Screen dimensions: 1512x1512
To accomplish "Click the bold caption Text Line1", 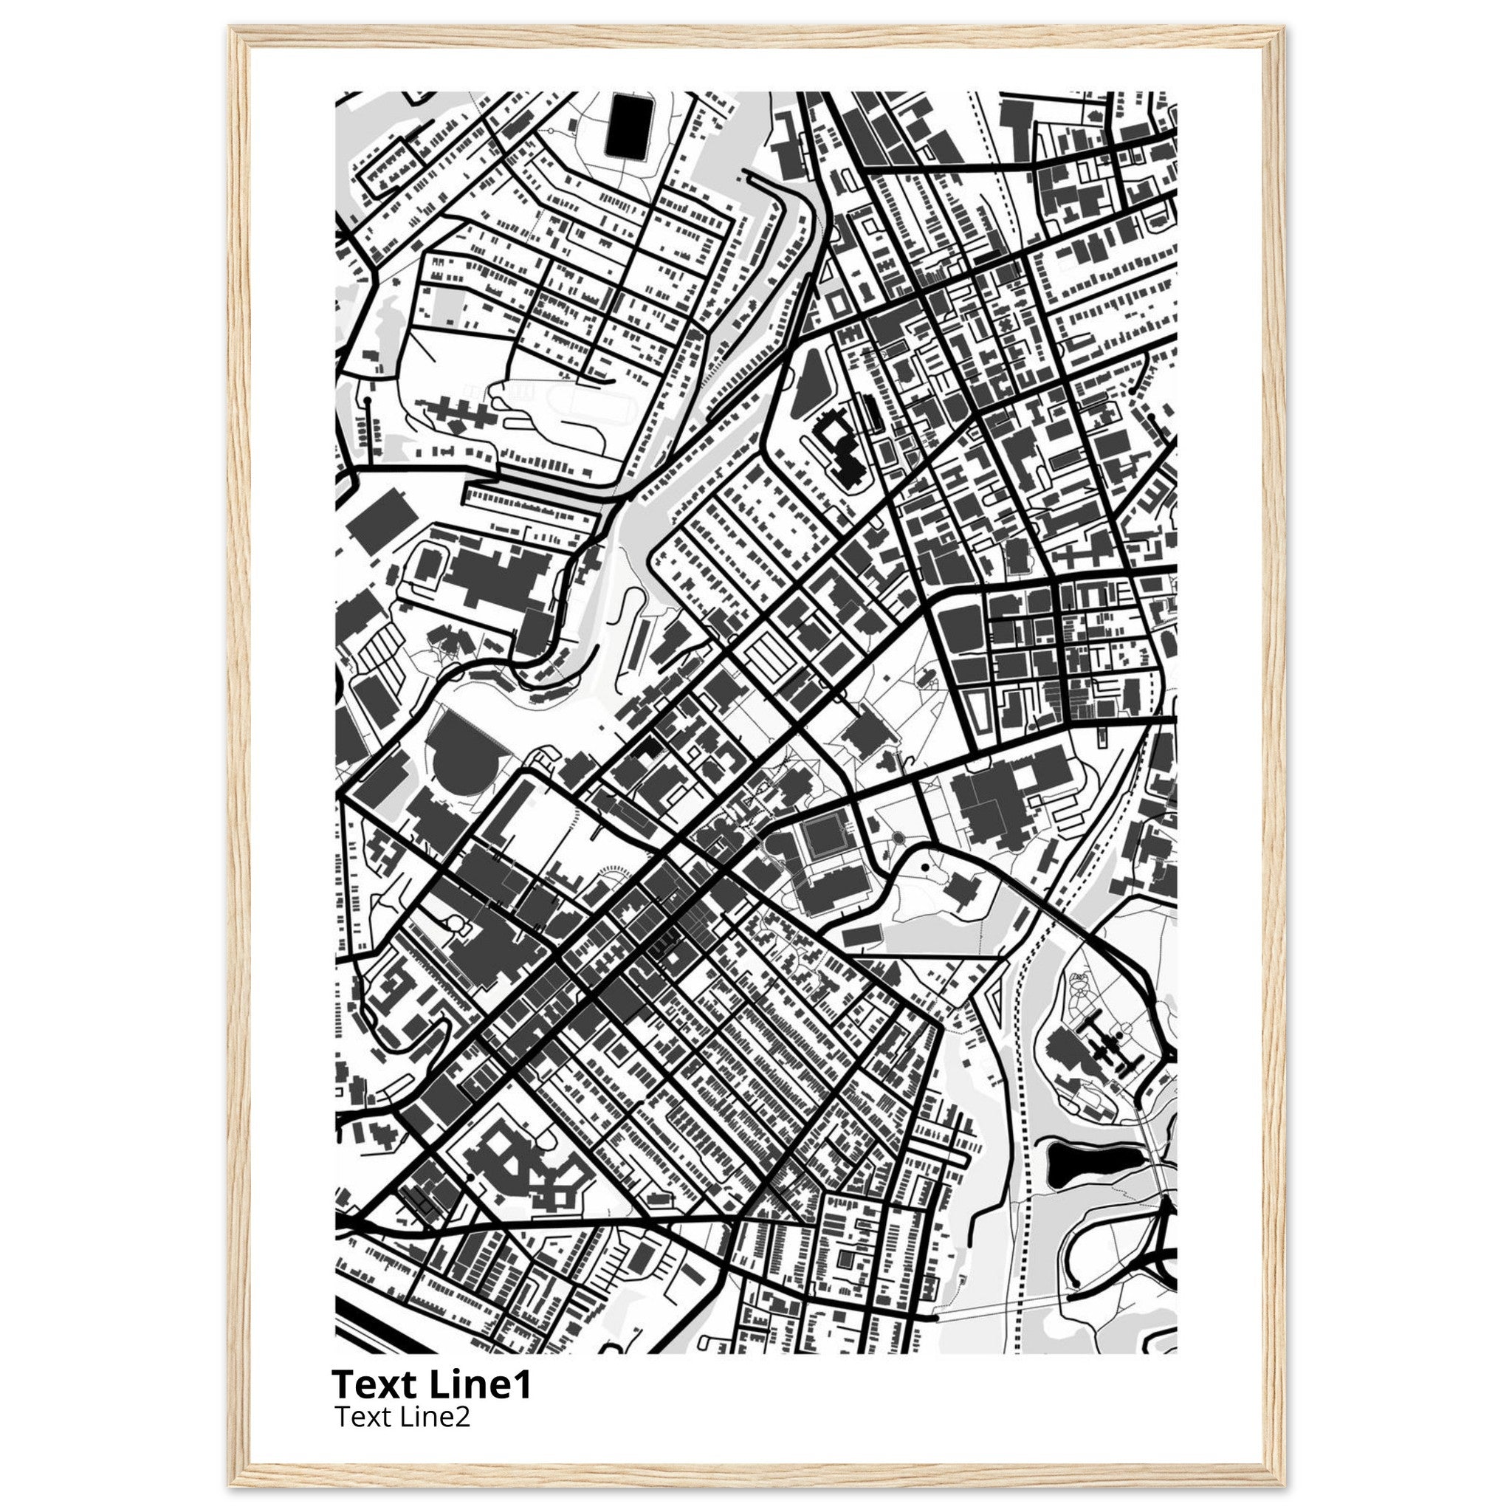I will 431,1384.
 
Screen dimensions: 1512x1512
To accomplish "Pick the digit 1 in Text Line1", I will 523,1384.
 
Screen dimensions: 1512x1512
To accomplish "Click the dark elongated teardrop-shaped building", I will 808,394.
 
